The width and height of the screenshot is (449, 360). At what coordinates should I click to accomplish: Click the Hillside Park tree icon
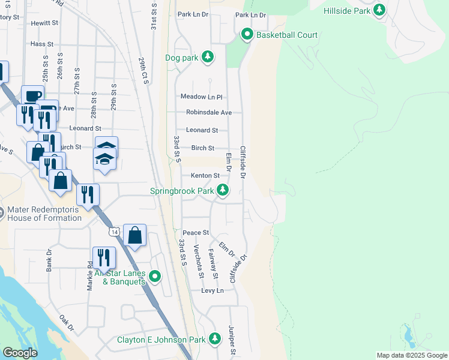[379, 10]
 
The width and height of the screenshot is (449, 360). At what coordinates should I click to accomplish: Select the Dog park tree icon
[207, 57]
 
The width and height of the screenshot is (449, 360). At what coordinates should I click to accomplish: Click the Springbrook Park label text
[182, 191]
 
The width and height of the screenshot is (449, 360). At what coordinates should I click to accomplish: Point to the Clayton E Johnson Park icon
[215, 339]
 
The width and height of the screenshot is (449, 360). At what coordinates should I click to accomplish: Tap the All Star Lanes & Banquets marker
[155, 277]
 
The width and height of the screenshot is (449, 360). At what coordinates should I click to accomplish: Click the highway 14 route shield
[114, 231]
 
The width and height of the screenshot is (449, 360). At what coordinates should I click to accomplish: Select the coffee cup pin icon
[32, 95]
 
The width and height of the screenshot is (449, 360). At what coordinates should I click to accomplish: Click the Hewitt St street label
[45, 23]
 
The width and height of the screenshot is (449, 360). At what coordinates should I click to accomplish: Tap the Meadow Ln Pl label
[202, 97]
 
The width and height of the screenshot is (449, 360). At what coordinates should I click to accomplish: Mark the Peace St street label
[196, 232]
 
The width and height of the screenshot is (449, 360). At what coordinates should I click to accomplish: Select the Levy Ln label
[212, 290]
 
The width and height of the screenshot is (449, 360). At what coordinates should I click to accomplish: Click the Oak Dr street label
[67, 325]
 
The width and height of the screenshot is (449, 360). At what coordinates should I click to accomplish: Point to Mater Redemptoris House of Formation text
[44, 214]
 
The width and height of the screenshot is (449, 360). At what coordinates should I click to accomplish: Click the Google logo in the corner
[19, 353]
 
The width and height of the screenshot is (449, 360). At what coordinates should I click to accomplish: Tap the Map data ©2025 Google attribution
[412, 355]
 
